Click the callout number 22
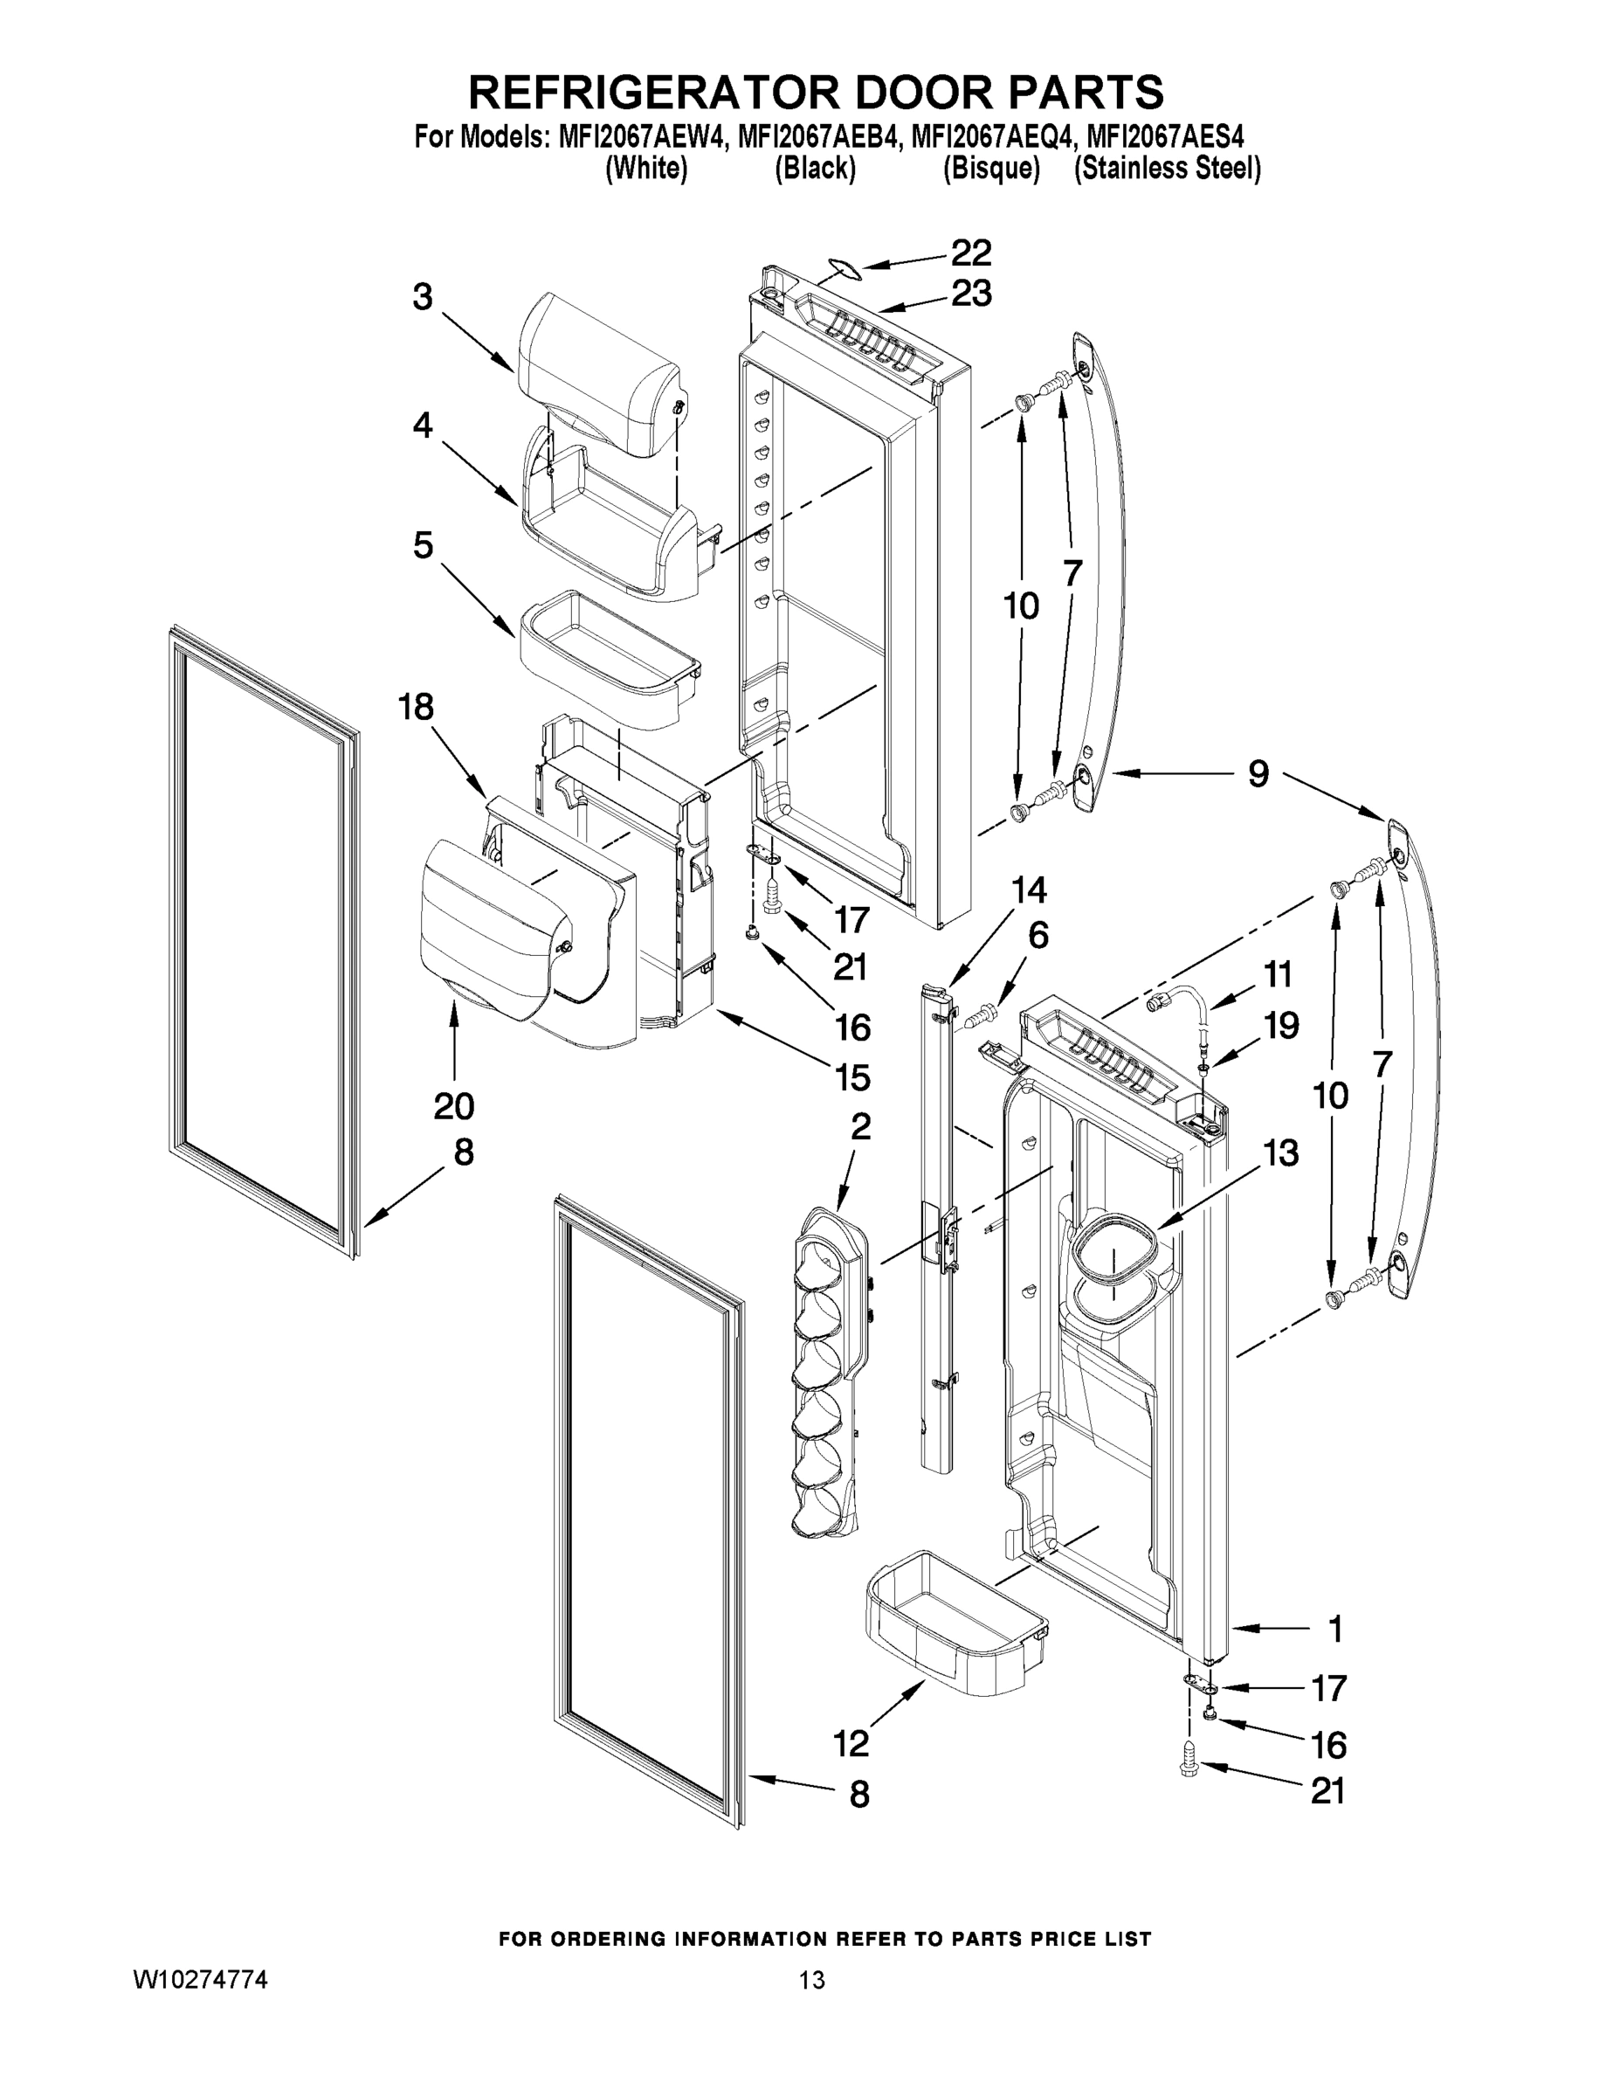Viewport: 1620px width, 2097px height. tap(970, 253)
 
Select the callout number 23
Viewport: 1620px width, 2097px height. tap(970, 294)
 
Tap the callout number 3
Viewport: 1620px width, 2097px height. tap(424, 297)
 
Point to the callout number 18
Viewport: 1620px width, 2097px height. tap(417, 708)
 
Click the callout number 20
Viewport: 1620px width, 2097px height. tap(453, 1106)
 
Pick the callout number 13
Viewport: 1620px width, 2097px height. tap(1280, 1152)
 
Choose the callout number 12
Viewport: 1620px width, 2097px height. tap(851, 1743)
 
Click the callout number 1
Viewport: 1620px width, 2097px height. tap(1335, 1629)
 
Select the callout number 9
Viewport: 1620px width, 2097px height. tap(1258, 773)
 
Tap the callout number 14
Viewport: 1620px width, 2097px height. tap(1028, 890)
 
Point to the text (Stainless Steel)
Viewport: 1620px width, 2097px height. tap(1167, 169)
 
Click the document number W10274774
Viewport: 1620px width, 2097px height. tap(200, 1980)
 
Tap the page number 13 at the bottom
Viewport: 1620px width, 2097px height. tap(812, 1980)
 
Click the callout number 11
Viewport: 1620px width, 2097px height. tap(1277, 974)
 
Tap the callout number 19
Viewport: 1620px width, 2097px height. tap(1281, 1026)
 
